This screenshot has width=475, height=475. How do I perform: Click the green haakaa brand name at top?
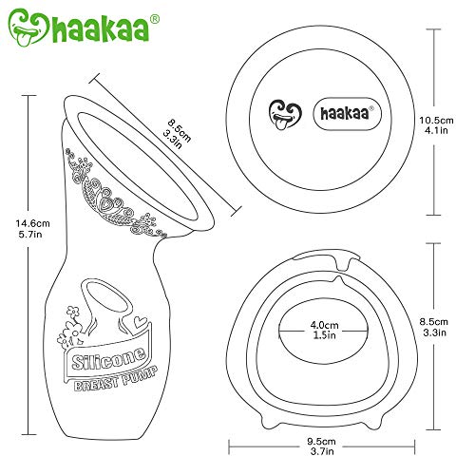(x=101, y=28)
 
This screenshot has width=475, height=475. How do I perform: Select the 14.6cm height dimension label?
(x=33, y=223)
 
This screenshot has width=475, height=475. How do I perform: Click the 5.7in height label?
(x=30, y=235)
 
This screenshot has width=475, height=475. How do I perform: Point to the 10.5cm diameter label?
(x=436, y=121)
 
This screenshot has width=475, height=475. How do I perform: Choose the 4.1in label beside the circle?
(x=436, y=130)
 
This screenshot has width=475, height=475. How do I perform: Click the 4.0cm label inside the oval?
(x=324, y=325)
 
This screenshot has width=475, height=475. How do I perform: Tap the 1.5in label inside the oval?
(x=324, y=335)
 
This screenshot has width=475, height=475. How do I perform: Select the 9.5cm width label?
(x=321, y=441)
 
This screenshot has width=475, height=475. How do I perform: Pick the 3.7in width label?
(x=322, y=451)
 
